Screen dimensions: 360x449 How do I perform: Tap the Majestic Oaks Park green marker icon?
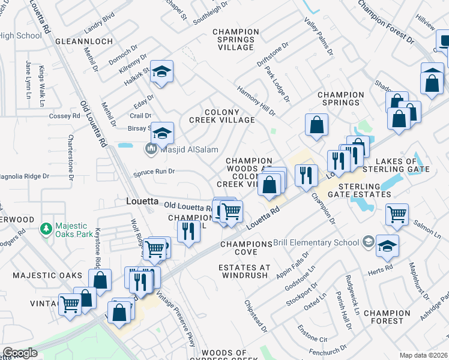45,229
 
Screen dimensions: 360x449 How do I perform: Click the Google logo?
20,353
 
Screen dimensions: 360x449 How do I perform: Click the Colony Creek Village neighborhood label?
222,116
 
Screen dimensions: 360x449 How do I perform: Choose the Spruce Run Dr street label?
154,172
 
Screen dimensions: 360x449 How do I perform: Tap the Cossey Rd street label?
64,116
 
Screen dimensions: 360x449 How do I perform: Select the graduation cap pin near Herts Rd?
388,245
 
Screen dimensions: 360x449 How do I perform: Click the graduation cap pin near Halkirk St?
161,71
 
